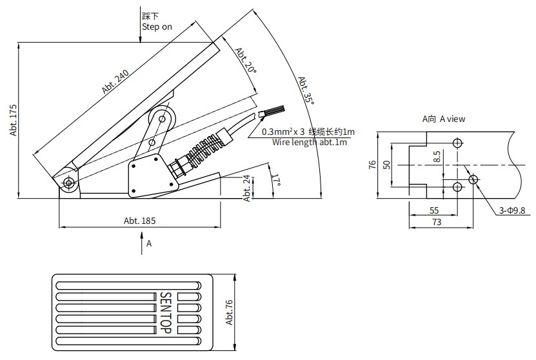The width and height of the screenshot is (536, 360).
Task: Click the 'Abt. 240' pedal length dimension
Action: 115,82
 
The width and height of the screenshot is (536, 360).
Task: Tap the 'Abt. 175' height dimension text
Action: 14,121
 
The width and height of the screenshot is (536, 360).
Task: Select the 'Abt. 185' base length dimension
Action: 139,221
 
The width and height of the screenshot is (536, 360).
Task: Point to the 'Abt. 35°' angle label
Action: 306,90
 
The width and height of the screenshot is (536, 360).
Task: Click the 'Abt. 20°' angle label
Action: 246,61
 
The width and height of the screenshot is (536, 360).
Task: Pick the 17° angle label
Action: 277,180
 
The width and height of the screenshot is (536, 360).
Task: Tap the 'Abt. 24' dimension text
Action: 247,188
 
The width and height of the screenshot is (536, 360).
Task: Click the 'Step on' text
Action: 157,26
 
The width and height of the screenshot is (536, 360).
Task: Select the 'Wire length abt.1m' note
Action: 310,142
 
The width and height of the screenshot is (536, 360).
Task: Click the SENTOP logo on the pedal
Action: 166,313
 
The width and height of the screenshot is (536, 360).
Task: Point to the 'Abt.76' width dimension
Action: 229,312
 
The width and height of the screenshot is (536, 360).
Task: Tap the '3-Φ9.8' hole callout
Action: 511,210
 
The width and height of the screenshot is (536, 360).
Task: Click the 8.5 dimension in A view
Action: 437,157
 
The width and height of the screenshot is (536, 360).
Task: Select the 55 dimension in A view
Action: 434,210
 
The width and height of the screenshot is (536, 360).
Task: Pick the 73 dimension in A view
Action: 437,222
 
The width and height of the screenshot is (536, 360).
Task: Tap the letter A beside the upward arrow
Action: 149,243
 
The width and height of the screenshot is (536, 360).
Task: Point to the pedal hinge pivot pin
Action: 69,183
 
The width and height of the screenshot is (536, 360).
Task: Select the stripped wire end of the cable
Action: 272,112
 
